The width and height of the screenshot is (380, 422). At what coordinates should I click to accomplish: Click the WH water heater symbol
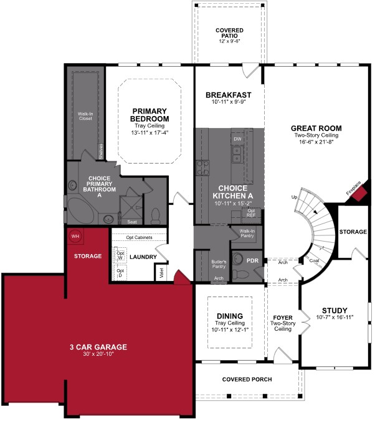75,236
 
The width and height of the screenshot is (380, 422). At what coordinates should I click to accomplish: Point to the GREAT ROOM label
317,129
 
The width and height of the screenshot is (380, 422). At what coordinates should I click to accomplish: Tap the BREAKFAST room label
229,95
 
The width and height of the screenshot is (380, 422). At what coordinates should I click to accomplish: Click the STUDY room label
334,310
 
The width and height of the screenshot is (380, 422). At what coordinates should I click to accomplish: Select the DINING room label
230,316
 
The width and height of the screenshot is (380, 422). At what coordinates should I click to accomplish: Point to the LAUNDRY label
143,257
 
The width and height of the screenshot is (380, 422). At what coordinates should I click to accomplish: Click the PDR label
252,260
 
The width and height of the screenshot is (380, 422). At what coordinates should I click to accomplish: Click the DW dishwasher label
237,139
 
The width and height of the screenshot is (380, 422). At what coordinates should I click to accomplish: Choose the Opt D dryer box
121,273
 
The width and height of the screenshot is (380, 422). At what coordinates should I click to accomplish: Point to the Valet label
161,273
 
